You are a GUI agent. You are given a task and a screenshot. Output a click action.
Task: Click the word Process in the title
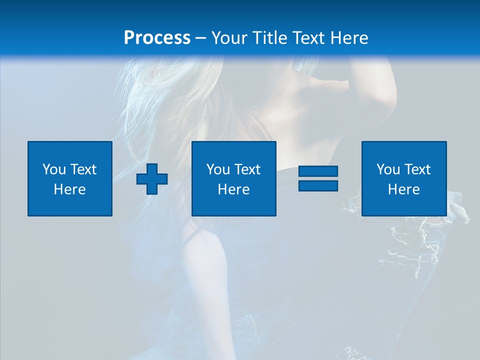(157, 38)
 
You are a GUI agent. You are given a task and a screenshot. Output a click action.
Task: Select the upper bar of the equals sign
(318, 171)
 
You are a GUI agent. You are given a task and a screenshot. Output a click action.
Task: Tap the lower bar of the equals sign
(318, 185)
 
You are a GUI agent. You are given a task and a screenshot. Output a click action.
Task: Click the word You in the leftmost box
(53, 169)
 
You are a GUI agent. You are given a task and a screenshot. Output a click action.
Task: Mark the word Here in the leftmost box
(69, 189)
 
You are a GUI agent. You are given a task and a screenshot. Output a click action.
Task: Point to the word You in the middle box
(217, 169)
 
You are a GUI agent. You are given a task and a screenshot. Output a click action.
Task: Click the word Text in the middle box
(246, 169)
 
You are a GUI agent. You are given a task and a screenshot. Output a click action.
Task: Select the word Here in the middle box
(233, 189)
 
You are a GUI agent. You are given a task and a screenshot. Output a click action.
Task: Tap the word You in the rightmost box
(387, 169)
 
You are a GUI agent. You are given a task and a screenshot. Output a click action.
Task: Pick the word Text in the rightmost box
(416, 169)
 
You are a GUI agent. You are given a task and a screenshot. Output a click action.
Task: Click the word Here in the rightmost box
(403, 189)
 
